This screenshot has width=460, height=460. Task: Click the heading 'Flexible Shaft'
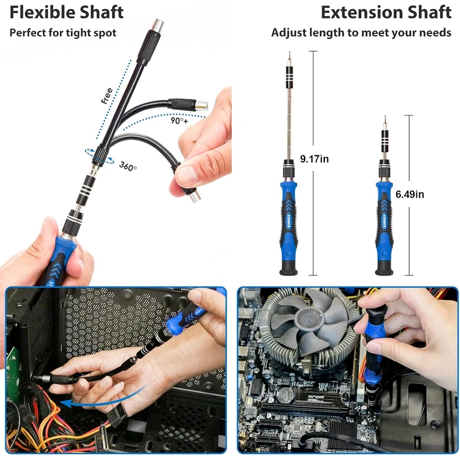pos(66,11)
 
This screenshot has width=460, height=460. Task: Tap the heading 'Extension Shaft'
pos(386,11)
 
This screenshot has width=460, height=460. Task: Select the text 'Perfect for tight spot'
pos(63,33)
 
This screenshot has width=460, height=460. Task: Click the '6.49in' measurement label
pos(409,194)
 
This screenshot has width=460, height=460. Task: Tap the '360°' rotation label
pos(128,166)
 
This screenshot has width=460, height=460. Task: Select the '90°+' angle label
pos(179,121)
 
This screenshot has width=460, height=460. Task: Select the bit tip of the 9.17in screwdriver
pos(289,56)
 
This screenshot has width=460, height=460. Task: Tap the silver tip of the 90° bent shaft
pos(202,105)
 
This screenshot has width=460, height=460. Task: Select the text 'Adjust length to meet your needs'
pos(361,33)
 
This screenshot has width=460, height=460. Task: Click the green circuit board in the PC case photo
pos(12,368)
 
